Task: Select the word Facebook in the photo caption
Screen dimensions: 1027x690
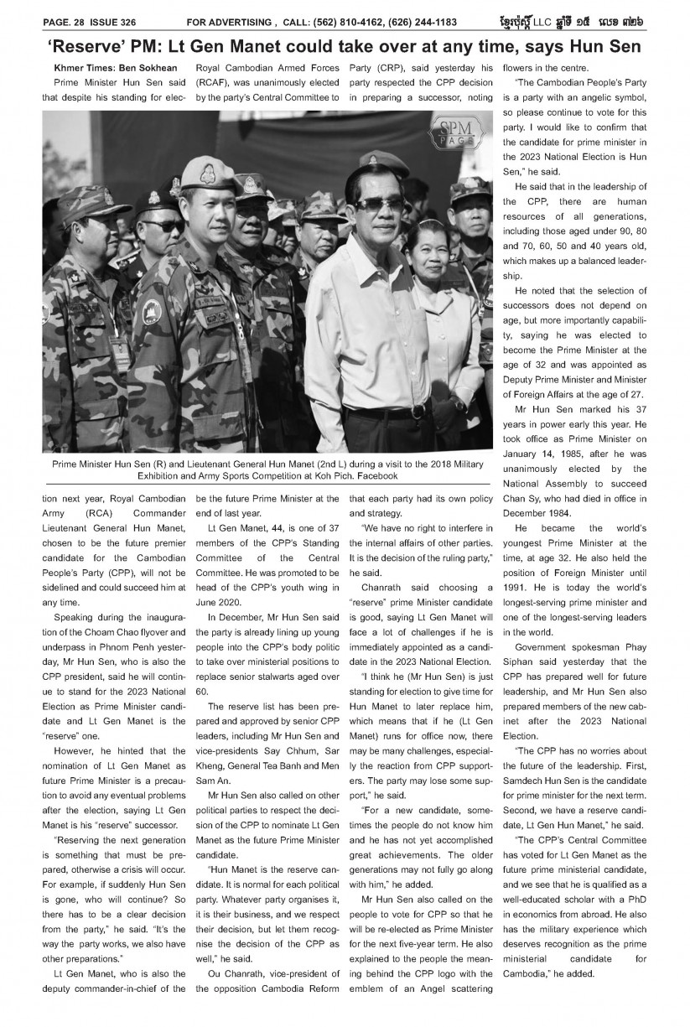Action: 374,476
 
